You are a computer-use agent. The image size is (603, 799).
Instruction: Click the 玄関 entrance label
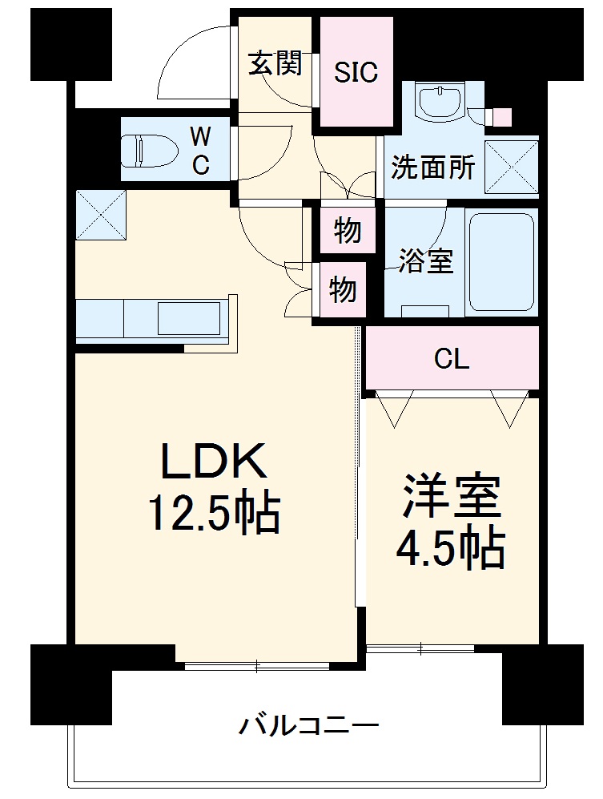click(275, 63)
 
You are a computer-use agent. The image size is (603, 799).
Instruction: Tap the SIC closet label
click(356, 72)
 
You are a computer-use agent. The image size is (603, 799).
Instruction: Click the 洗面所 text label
click(432, 168)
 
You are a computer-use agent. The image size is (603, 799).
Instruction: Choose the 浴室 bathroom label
click(427, 261)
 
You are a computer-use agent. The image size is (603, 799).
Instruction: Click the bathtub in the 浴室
click(501, 261)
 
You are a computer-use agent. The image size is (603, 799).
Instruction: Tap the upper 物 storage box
click(348, 232)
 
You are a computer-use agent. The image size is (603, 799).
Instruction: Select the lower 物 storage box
click(344, 289)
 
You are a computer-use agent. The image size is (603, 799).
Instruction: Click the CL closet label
click(452, 360)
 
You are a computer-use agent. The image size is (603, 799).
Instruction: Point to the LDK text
click(212, 463)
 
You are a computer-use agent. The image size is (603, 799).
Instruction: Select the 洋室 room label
click(451, 498)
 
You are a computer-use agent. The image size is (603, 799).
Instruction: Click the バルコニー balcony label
click(308, 727)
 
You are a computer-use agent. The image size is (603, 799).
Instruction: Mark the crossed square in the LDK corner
click(101, 214)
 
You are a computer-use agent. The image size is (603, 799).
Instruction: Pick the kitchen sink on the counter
click(188, 318)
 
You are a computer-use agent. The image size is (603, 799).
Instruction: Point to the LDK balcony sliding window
click(256, 664)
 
